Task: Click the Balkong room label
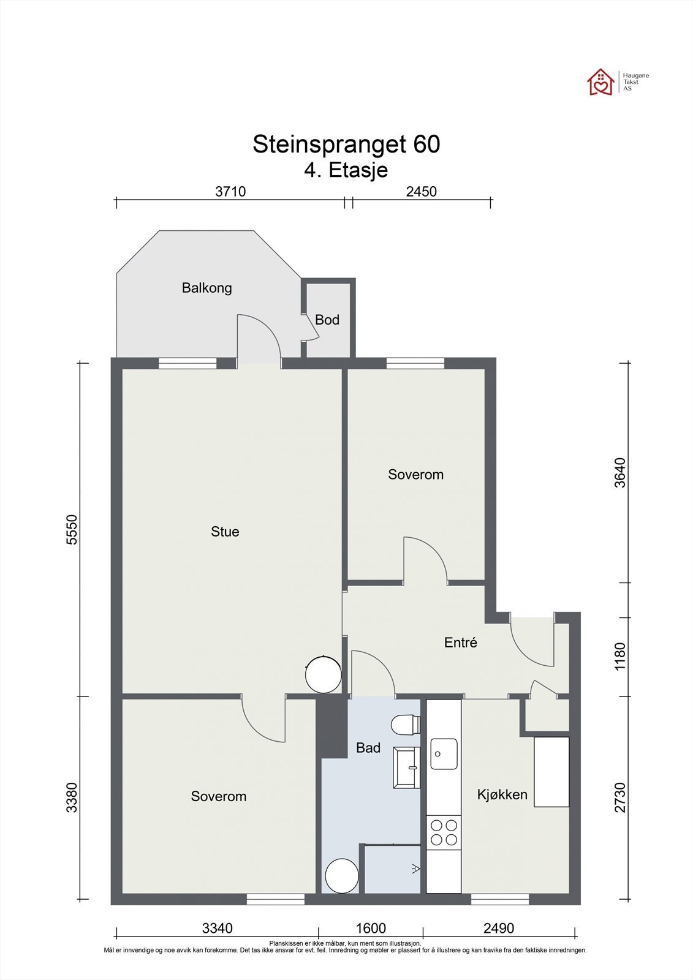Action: coord(206,288)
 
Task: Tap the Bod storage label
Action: coord(327,320)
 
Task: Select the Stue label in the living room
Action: coord(225,532)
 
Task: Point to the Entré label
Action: coord(461,643)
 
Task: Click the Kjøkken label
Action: coord(502,794)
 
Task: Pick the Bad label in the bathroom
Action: coord(368,748)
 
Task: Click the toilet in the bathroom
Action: coord(406,724)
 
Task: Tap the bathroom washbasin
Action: coord(407,767)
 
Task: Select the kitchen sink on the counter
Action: coord(444,754)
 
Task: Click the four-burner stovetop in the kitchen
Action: coord(444,832)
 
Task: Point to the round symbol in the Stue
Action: coord(323,674)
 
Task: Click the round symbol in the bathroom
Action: coord(342,876)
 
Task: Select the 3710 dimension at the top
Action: coord(230,192)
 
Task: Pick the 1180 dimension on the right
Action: coord(620,656)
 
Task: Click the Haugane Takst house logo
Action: coord(601,82)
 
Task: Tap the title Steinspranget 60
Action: coord(346,144)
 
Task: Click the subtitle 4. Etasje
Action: coord(346,170)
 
